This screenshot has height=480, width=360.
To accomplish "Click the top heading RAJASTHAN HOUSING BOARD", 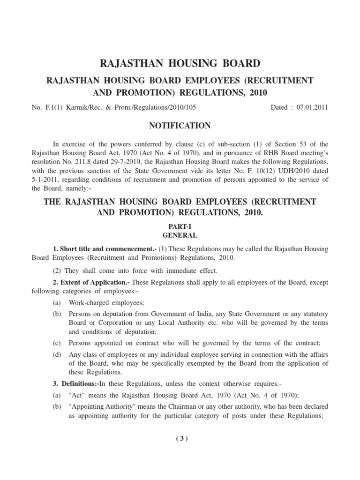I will (180, 63).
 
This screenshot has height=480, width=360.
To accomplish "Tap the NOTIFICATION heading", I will (180, 126).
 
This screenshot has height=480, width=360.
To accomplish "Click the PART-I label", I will (180, 225).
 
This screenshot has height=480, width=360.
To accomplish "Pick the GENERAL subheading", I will (180, 235).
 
